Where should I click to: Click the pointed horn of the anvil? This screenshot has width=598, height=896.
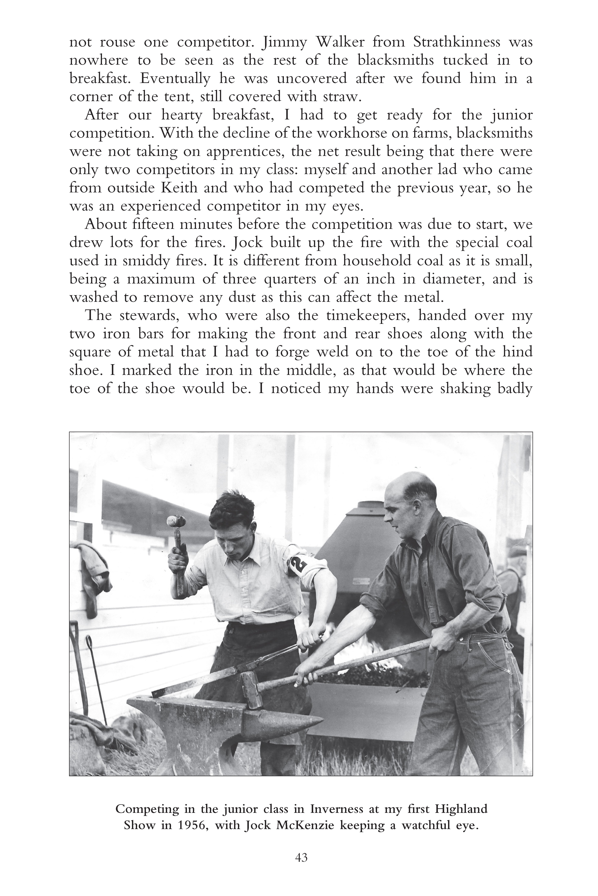pyautogui.click(x=305, y=722)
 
